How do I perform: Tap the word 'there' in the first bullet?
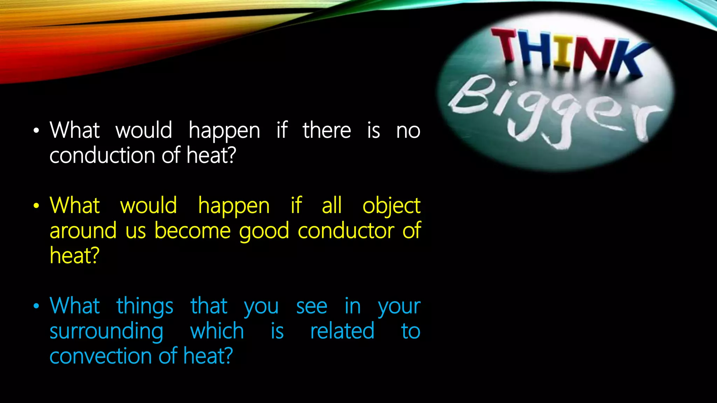pos(327,130)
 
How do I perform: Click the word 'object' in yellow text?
pos(391,206)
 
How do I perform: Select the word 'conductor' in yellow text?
pos(346,231)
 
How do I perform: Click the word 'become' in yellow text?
pos(193,231)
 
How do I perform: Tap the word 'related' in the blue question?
pos(342,331)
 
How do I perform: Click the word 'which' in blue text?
pos(217,331)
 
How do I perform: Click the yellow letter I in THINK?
pos(563,52)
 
